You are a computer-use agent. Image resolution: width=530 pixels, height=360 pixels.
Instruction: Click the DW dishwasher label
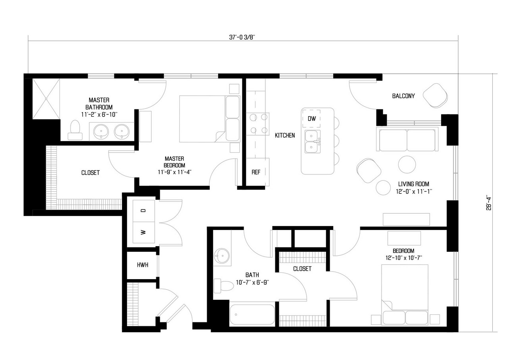pos(311,119)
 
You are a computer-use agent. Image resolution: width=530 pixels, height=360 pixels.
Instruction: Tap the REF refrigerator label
pos(256,172)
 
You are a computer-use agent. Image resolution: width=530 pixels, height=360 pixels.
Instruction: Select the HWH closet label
pos(142,265)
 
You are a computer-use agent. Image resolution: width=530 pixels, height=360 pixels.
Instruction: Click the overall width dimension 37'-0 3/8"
pos(242,37)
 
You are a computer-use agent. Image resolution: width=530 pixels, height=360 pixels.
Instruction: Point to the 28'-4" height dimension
pos(489,203)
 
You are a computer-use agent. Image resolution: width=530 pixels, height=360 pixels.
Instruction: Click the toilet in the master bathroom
pos(75,130)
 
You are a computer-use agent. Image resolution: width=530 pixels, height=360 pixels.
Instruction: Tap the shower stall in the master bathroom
pos(46,99)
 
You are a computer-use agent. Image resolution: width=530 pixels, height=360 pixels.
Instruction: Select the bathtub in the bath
pos(252,314)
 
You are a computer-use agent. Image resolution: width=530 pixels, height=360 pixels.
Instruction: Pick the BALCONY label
pos(403,96)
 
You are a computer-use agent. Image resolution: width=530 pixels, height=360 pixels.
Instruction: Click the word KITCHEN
pos(285,135)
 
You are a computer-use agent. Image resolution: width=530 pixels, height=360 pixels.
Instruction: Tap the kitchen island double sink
pos(313,142)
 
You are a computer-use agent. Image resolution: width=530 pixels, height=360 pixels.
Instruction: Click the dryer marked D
pos(144,211)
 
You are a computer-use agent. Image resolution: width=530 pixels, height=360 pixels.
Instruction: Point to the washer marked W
pos(144,232)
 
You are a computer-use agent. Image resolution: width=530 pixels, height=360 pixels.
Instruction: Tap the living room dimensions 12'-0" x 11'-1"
pos(414,191)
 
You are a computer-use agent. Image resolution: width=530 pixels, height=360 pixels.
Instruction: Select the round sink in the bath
pos(222,256)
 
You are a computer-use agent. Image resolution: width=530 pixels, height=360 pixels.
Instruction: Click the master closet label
pos(90,173)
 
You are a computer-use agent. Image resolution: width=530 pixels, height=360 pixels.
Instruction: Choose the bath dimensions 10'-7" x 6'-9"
pos(252,282)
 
